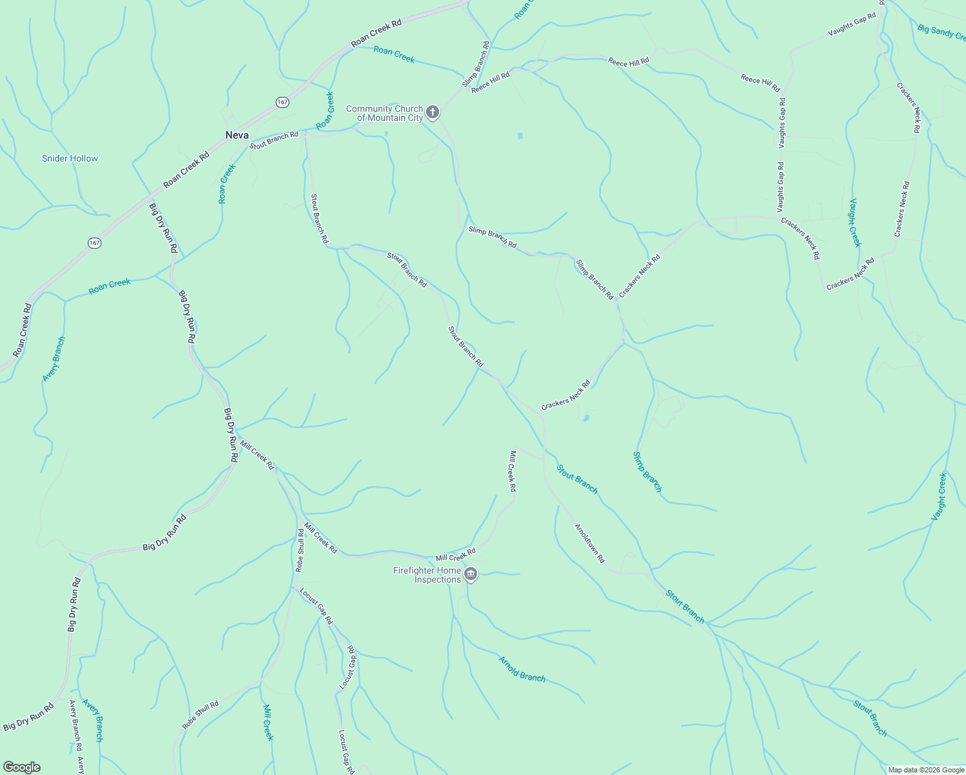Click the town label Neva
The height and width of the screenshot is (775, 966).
pyautogui.click(x=237, y=135)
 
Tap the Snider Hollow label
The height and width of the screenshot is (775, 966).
pyautogui.click(x=70, y=158)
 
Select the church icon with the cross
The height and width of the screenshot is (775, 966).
pyautogui.click(x=433, y=112)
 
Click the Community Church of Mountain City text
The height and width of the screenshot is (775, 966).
pyautogui.click(x=385, y=113)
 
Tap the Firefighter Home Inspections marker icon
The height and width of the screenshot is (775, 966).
pyautogui.click(x=471, y=574)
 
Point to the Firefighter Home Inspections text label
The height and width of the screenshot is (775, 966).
pyautogui.click(x=427, y=575)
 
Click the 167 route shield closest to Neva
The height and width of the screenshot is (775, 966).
pyautogui.click(x=282, y=102)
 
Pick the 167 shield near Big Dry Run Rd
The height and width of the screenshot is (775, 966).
pyautogui.click(x=95, y=243)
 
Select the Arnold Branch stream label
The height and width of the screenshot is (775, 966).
pyautogui.click(x=522, y=668)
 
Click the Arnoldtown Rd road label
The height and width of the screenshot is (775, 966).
pyautogui.click(x=590, y=543)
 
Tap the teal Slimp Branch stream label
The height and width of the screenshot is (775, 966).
pyautogui.click(x=647, y=471)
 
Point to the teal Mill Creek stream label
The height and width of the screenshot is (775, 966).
pyautogui.click(x=269, y=723)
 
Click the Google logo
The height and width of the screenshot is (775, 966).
pyautogui.click(x=21, y=767)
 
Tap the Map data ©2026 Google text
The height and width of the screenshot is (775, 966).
pyautogui.click(x=926, y=770)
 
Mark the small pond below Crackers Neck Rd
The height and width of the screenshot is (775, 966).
pyautogui.click(x=586, y=418)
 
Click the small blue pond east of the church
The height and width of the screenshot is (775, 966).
pyautogui.click(x=520, y=136)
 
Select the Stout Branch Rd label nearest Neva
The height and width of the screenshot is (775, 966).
pyautogui.click(x=274, y=139)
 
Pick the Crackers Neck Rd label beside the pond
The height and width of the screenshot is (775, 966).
pyautogui.click(x=566, y=395)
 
